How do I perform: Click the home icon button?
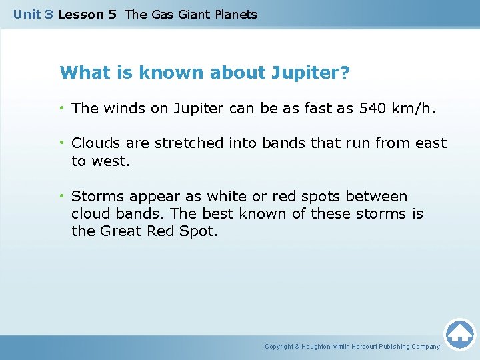[x=459, y=334]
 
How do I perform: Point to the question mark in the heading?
[x=344, y=73]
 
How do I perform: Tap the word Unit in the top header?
[x=27, y=14]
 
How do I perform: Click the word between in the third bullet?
[x=377, y=197]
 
